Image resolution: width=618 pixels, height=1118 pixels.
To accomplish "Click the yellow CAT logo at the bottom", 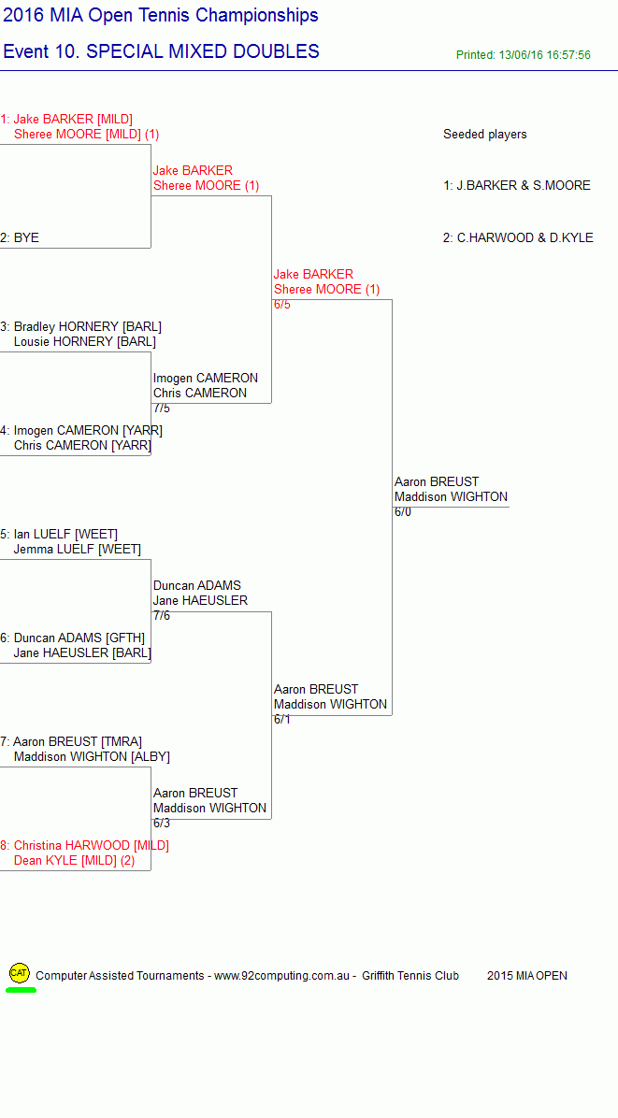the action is click(x=20, y=972).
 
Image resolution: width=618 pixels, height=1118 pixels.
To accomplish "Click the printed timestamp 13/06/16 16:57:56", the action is click(x=543, y=55).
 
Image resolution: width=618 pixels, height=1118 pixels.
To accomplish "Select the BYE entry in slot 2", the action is click(x=26, y=238).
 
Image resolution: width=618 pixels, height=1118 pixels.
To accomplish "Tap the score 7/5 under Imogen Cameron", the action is click(x=162, y=408).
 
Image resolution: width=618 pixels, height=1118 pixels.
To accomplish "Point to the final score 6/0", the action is click(x=403, y=512).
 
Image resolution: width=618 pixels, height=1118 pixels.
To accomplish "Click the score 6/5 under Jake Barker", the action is click(x=282, y=305).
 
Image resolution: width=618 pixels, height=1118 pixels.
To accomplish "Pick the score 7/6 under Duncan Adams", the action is click(x=162, y=616).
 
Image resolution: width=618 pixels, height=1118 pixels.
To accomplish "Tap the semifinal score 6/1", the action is click(x=282, y=720).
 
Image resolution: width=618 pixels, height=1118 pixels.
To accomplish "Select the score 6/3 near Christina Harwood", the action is click(x=162, y=824).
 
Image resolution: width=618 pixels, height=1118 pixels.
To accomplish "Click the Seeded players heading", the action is click(x=484, y=134).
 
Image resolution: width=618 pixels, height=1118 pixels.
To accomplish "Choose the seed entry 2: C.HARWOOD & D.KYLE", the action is click(x=518, y=238).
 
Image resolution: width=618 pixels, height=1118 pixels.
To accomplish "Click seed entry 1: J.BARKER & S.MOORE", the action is click(x=517, y=185).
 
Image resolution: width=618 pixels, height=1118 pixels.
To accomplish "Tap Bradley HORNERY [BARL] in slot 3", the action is click(x=88, y=326).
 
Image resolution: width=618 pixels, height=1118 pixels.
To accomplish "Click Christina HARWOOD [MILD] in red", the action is click(x=92, y=846).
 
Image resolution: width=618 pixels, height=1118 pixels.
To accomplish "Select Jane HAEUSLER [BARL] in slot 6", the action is click(x=82, y=653).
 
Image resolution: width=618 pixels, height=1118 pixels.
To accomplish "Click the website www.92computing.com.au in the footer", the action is click(x=281, y=975).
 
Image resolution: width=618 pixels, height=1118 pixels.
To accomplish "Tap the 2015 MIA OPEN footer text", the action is click(x=527, y=975).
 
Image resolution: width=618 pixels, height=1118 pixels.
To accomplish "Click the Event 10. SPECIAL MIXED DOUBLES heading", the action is click(x=161, y=51).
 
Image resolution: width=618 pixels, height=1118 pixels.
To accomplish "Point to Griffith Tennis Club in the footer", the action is click(x=410, y=975).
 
